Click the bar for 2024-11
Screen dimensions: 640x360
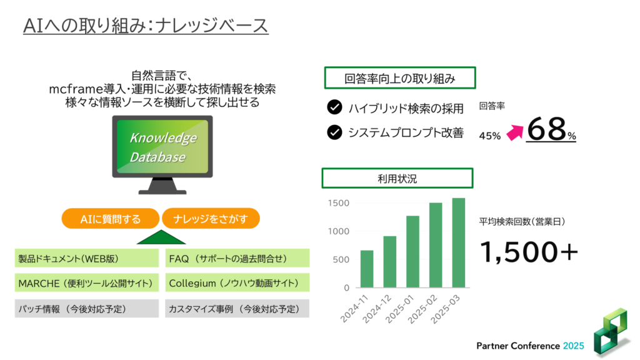tap(366, 269)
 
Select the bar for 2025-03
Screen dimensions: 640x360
tap(458, 243)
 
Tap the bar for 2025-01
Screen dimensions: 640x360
tap(412, 252)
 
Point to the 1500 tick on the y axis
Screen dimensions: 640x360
tap(339, 203)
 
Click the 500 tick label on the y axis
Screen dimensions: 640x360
tap(341, 259)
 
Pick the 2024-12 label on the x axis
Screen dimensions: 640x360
tap(376, 309)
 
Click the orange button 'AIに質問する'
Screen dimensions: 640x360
tap(110, 219)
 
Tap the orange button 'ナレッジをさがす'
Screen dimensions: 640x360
tap(211, 219)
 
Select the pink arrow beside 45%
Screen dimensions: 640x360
tap(515, 132)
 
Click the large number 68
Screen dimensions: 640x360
tap(546, 129)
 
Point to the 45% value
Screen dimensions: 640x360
tap(490, 136)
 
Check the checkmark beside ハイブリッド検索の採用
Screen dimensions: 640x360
tap(335, 107)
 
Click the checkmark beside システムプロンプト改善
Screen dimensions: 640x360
tap(335, 132)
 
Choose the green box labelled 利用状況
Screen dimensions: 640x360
tap(397, 178)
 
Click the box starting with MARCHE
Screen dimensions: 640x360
tap(86, 283)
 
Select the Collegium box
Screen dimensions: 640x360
tap(237, 283)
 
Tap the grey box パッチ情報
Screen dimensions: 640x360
tap(86, 309)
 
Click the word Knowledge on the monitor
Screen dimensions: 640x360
tap(163, 138)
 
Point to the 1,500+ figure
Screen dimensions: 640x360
tap(529, 251)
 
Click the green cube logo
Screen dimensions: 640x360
tap(611, 331)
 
